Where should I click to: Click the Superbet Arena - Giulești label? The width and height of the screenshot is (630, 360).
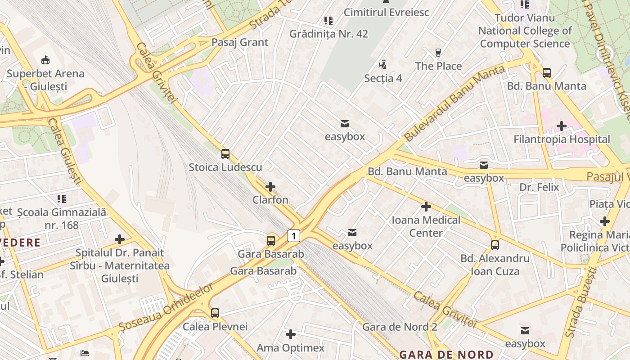point(45,80)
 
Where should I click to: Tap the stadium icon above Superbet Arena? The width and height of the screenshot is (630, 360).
point(45,60)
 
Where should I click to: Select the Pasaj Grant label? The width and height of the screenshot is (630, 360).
point(240,42)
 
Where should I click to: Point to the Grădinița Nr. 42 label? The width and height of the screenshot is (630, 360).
point(328,34)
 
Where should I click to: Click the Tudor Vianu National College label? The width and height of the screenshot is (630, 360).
point(525,31)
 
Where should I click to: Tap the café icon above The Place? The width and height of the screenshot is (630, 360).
point(438,53)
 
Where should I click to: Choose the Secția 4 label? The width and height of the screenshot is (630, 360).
point(383,78)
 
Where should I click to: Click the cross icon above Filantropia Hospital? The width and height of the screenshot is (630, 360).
point(561,126)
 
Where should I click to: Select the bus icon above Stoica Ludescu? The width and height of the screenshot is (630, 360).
point(225,154)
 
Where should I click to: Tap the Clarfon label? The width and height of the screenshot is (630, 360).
point(270,200)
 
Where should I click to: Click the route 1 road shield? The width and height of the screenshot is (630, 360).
point(293,235)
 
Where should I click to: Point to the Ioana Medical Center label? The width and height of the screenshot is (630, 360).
point(426,226)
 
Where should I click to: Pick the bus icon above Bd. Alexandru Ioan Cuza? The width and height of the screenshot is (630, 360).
point(495,245)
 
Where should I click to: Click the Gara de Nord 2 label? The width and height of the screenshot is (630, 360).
point(400,327)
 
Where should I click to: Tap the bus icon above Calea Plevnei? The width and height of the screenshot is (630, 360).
point(215,313)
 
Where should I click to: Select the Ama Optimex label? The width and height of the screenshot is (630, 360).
point(290,348)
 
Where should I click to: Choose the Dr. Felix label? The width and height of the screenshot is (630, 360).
point(539,187)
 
